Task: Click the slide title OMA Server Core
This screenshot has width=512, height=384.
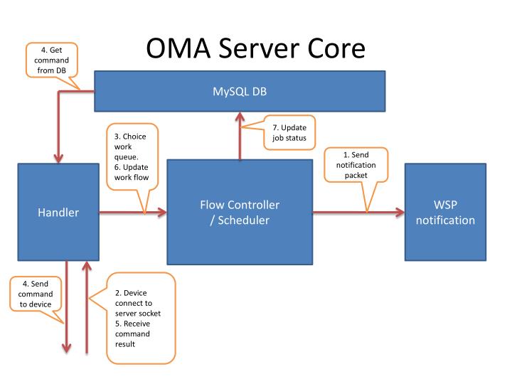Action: (x=255, y=48)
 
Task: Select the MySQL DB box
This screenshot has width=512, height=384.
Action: (x=240, y=92)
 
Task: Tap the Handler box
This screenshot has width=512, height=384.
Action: (x=58, y=212)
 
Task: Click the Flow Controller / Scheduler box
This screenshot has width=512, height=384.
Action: (x=240, y=212)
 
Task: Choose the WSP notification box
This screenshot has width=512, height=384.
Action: (x=445, y=212)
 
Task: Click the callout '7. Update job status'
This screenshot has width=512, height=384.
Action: (x=289, y=132)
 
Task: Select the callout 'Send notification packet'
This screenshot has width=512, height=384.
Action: (x=356, y=164)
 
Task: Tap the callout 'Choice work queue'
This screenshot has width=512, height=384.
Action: (x=132, y=156)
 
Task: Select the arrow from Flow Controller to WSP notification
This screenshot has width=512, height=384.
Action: (x=358, y=212)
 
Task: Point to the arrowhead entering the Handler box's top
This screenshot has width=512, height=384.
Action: (x=58, y=158)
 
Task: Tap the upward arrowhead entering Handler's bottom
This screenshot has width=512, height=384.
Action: (x=86, y=266)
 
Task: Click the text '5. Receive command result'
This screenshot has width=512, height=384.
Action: (x=136, y=333)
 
